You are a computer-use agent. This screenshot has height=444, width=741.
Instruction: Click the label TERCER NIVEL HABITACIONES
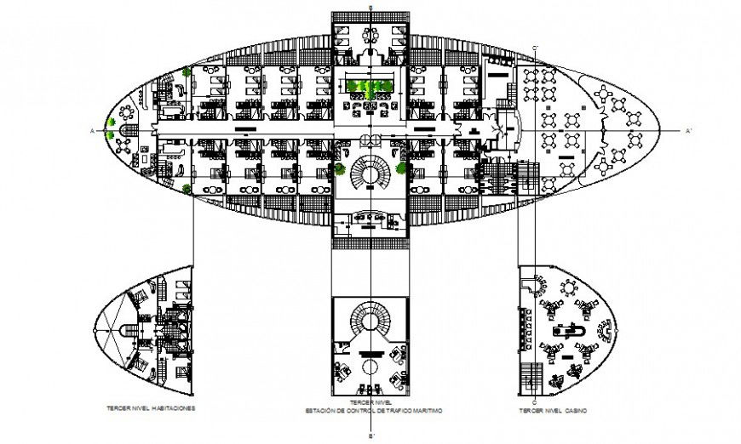click(151, 407)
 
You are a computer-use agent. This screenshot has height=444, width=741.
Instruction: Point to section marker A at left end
click(90, 130)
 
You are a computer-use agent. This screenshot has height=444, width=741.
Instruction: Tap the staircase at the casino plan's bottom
click(535, 373)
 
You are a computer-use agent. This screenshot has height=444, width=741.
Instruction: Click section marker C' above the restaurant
click(535, 46)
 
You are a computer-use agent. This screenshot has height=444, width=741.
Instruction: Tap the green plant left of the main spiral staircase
click(341, 168)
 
